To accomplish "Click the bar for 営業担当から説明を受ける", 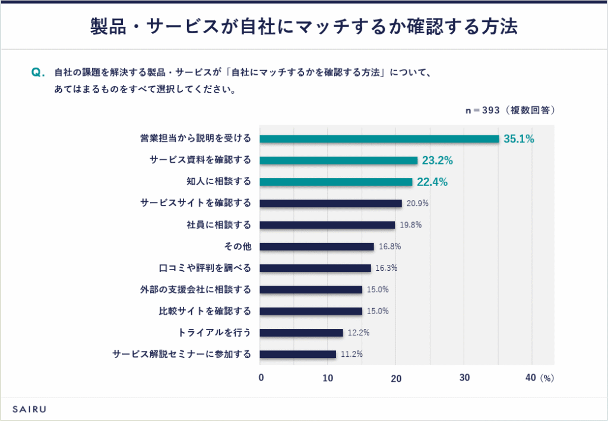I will pos(379,139).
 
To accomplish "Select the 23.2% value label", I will pos(438,160).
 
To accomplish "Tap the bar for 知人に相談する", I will pos(336,182).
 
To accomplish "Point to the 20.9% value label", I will pos(417,204).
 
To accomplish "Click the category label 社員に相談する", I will pos(219,225).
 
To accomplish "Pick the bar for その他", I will pos(317,246).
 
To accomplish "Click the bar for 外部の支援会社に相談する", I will pos(311,290).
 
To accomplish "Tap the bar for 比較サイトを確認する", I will pos(311,311).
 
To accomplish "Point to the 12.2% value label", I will pos(359,333).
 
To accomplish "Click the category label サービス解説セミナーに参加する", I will pos(182,354).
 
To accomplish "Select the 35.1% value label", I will pos(519,140).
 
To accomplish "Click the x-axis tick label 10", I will pos(328,378).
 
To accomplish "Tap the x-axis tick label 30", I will pos(464,378).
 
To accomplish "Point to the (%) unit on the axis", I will pos(547,378).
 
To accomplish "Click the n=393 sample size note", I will pos(510,110).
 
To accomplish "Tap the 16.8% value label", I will pos(389,246).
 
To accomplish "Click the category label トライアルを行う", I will pos(215,333).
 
